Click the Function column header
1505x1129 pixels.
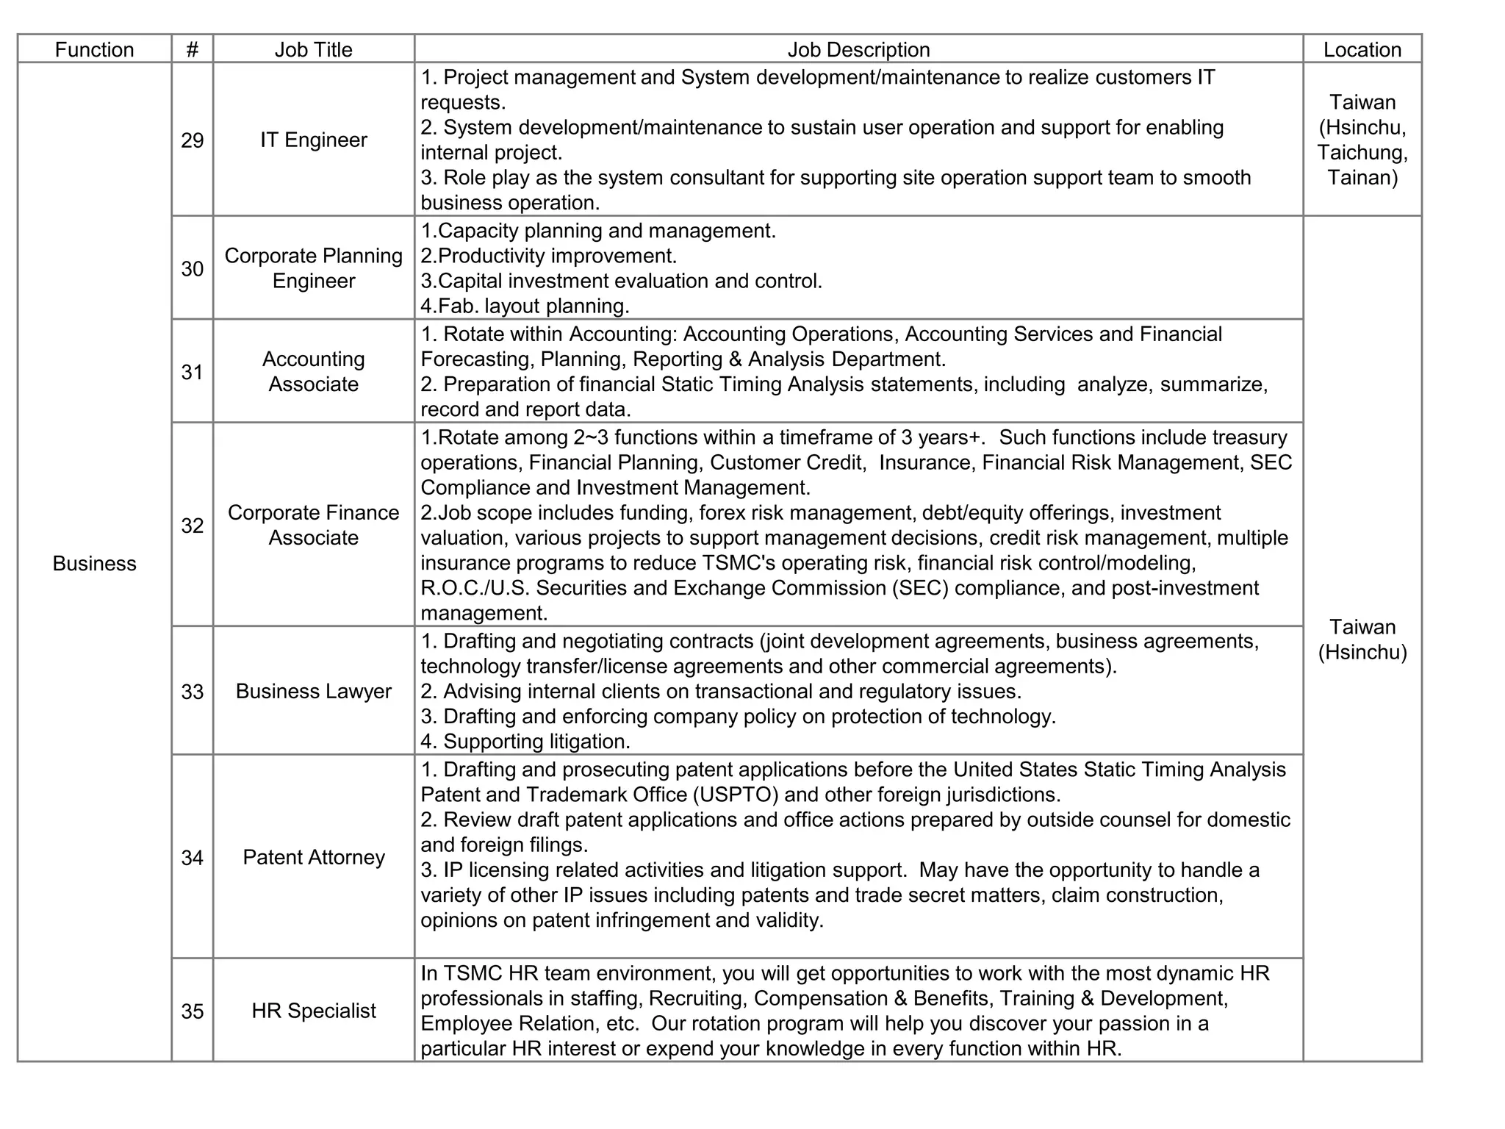pyautogui.click(x=94, y=49)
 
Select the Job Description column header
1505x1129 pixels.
pyautogui.click(x=858, y=49)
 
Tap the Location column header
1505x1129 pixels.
pyautogui.click(x=1362, y=49)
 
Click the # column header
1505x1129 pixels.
pyautogui.click(x=192, y=49)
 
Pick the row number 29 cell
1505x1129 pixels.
pyautogui.click(x=192, y=140)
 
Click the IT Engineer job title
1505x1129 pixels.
pyautogui.click(x=313, y=140)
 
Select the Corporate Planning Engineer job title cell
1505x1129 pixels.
pyautogui.click(x=313, y=268)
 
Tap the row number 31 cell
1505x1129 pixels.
pyautogui.click(x=192, y=372)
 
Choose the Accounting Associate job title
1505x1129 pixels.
pyautogui.click(x=313, y=372)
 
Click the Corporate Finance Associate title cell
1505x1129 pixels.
pyautogui.click(x=313, y=525)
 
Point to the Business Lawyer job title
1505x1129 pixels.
pyautogui.click(x=313, y=691)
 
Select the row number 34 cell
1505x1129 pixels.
pyautogui.click(x=192, y=857)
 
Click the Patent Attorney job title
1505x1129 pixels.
pyautogui.click(x=313, y=857)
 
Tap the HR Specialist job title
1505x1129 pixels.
pyautogui.click(x=313, y=1011)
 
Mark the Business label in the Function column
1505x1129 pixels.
pyautogui.click(x=94, y=563)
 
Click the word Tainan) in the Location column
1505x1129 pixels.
pyautogui.click(x=1362, y=177)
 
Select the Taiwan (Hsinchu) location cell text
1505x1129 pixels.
pyautogui.click(x=1362, y=639)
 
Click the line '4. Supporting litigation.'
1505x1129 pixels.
pyautogui.click(x=525, y=741)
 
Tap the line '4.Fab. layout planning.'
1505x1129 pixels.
pyautogui.click(x=525, y=306)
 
